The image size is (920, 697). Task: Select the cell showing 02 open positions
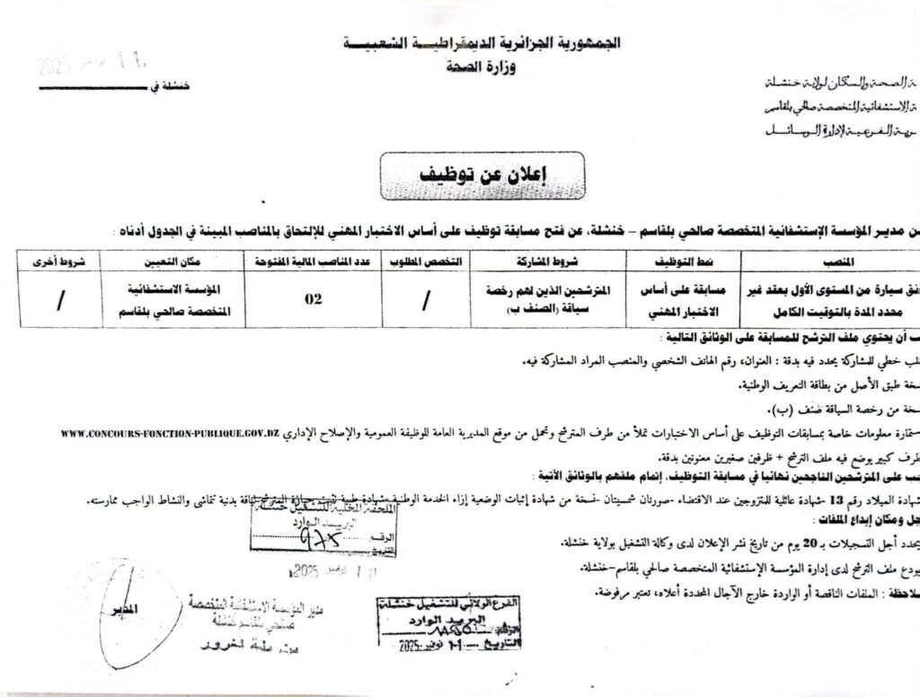tap(312, 300)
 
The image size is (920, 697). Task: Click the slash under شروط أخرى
tap(60, 301)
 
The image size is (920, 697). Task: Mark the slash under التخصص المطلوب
tap(424, 301)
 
